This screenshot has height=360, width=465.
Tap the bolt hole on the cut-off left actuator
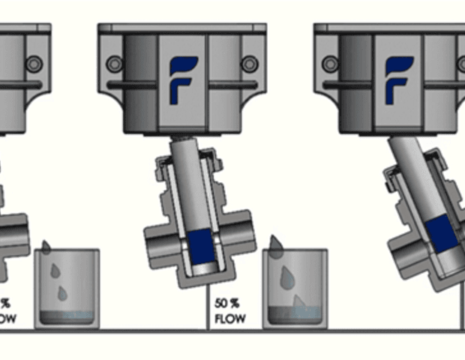point(33,64)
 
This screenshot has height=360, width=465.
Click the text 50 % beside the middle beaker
point(226,304)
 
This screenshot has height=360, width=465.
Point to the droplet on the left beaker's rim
point(46,247)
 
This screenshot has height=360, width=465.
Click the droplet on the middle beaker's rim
point(276,247)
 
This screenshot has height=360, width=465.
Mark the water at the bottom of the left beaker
point(67,316)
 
